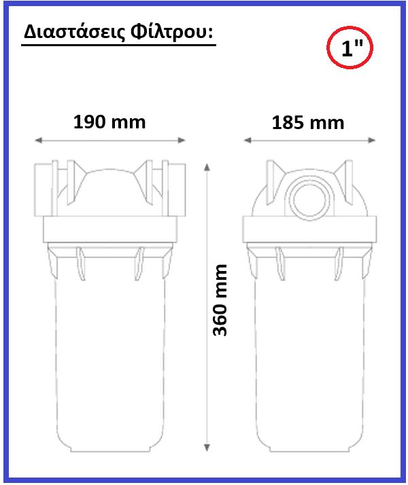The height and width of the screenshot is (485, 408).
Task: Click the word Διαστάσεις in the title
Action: (x=74, y=32)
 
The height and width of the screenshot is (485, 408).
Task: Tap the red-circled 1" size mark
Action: (x=350, y=48)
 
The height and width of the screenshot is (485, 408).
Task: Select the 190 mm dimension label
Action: (x=109, y=122)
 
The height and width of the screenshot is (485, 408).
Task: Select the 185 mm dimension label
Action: (x=308, y=123)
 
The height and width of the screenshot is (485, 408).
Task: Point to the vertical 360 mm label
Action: (x=220, y=300)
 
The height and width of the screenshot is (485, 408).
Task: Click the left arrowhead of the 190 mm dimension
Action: (x=38, y=141)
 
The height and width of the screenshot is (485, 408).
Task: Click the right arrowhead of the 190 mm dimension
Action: (x=182, y=141)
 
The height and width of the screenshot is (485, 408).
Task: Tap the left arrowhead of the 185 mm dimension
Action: (x=248, y=141)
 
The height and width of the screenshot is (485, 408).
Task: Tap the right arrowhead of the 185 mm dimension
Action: (x=372, y=141)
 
